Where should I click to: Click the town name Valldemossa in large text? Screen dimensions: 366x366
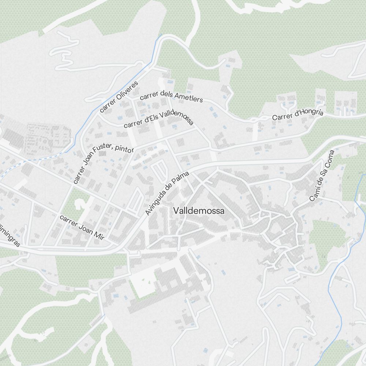pos(199,211)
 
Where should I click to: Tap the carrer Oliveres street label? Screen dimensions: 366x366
pos(119,97)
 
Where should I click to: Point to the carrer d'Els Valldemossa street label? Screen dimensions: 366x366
pos(158,118)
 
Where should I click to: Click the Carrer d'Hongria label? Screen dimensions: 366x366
pos(298,114)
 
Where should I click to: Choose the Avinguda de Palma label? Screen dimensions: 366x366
pos(167,193)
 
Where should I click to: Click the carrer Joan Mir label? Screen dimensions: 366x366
pos(82,227)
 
